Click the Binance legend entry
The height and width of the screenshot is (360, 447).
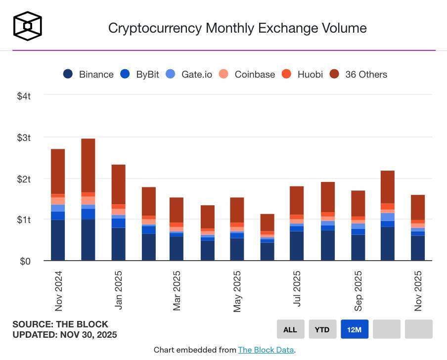(89, 74)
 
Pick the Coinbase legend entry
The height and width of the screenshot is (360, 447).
(247, 74)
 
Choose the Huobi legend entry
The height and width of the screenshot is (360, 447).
(303, 74)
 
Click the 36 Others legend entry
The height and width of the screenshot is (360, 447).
(359, 74)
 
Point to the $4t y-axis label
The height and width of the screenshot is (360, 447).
(24, 96)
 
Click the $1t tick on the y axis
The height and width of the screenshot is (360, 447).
(24, 220)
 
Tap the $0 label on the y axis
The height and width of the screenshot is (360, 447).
(26, 261)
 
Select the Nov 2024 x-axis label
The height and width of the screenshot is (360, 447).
(59, 291)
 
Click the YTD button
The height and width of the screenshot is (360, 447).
(322, 329)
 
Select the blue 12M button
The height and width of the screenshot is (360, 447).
(355, 329)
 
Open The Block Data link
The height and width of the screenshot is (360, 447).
(266, 350)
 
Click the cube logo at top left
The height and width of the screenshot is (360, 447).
(27, 26)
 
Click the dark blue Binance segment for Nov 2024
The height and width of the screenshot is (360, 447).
(58, 240)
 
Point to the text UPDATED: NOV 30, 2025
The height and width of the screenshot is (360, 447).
(65, 335)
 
